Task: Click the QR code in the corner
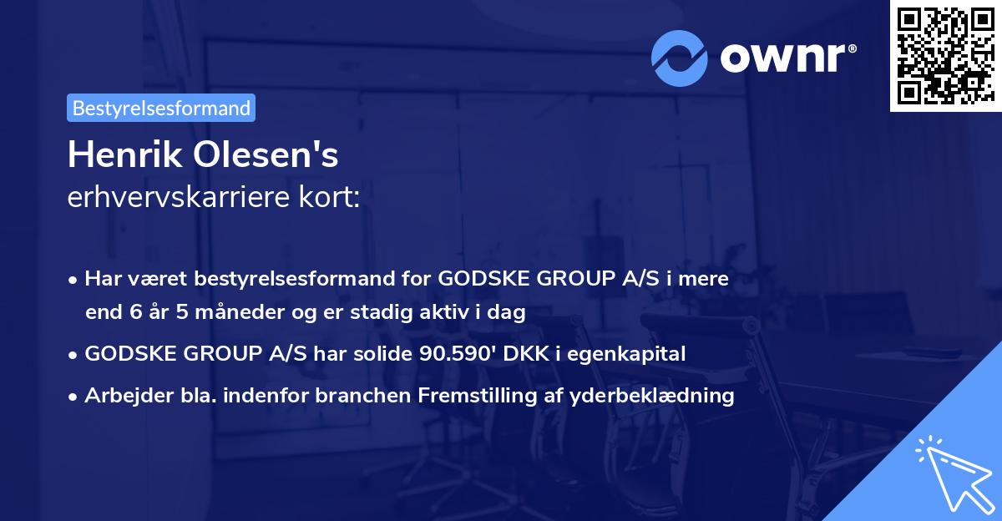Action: coord(945,55)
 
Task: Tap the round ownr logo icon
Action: coord(679,58)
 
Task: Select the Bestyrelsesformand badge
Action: coord(161,108)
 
